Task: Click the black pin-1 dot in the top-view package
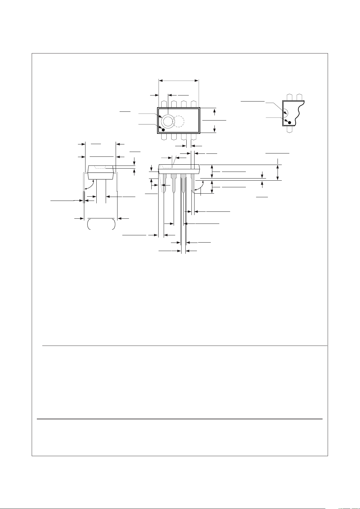[163, 130]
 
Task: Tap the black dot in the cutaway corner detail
[289, 123]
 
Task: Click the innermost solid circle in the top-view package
[168, 121]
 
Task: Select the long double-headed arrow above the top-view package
[178, 81]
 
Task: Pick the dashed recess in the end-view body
[100, 167]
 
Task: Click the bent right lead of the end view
[116, 181]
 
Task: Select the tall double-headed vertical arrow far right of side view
[278, 172]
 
